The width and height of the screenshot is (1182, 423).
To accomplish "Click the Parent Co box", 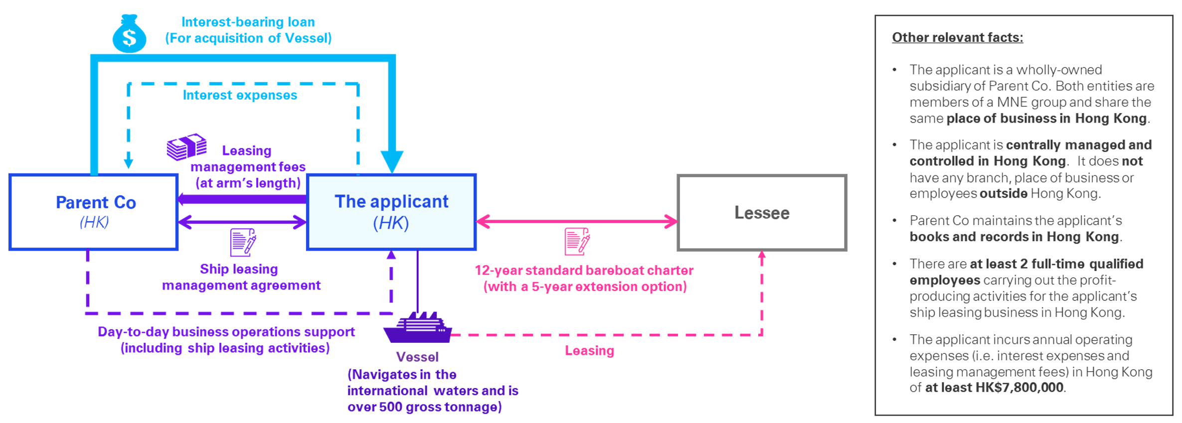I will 94,212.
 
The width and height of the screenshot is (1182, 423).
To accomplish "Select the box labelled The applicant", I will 391,212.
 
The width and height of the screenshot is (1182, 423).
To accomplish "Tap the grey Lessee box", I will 762,213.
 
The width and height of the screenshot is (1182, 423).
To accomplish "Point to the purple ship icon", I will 418,328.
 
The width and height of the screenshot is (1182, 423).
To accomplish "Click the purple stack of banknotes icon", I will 186,147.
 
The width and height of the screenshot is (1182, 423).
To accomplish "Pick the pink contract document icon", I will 577,242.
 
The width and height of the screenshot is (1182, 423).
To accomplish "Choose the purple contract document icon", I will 243,243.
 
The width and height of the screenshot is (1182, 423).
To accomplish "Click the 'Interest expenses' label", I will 240,95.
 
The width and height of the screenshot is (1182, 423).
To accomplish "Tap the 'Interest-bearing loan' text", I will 248,22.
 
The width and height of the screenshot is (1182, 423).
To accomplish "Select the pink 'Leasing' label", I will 589,351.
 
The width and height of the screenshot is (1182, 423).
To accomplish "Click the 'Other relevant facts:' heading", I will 957,37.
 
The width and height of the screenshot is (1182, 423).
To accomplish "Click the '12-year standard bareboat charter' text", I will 584,271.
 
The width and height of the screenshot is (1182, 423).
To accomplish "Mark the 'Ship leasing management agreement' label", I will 241,277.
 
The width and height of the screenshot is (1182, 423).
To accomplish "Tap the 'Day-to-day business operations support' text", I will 226,332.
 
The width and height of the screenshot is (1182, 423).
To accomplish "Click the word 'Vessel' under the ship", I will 417,357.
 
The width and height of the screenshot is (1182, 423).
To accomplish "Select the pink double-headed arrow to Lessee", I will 577,221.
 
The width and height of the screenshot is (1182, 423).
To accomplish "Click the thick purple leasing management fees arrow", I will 243,199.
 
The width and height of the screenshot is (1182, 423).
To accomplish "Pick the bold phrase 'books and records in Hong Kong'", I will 1014,237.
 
